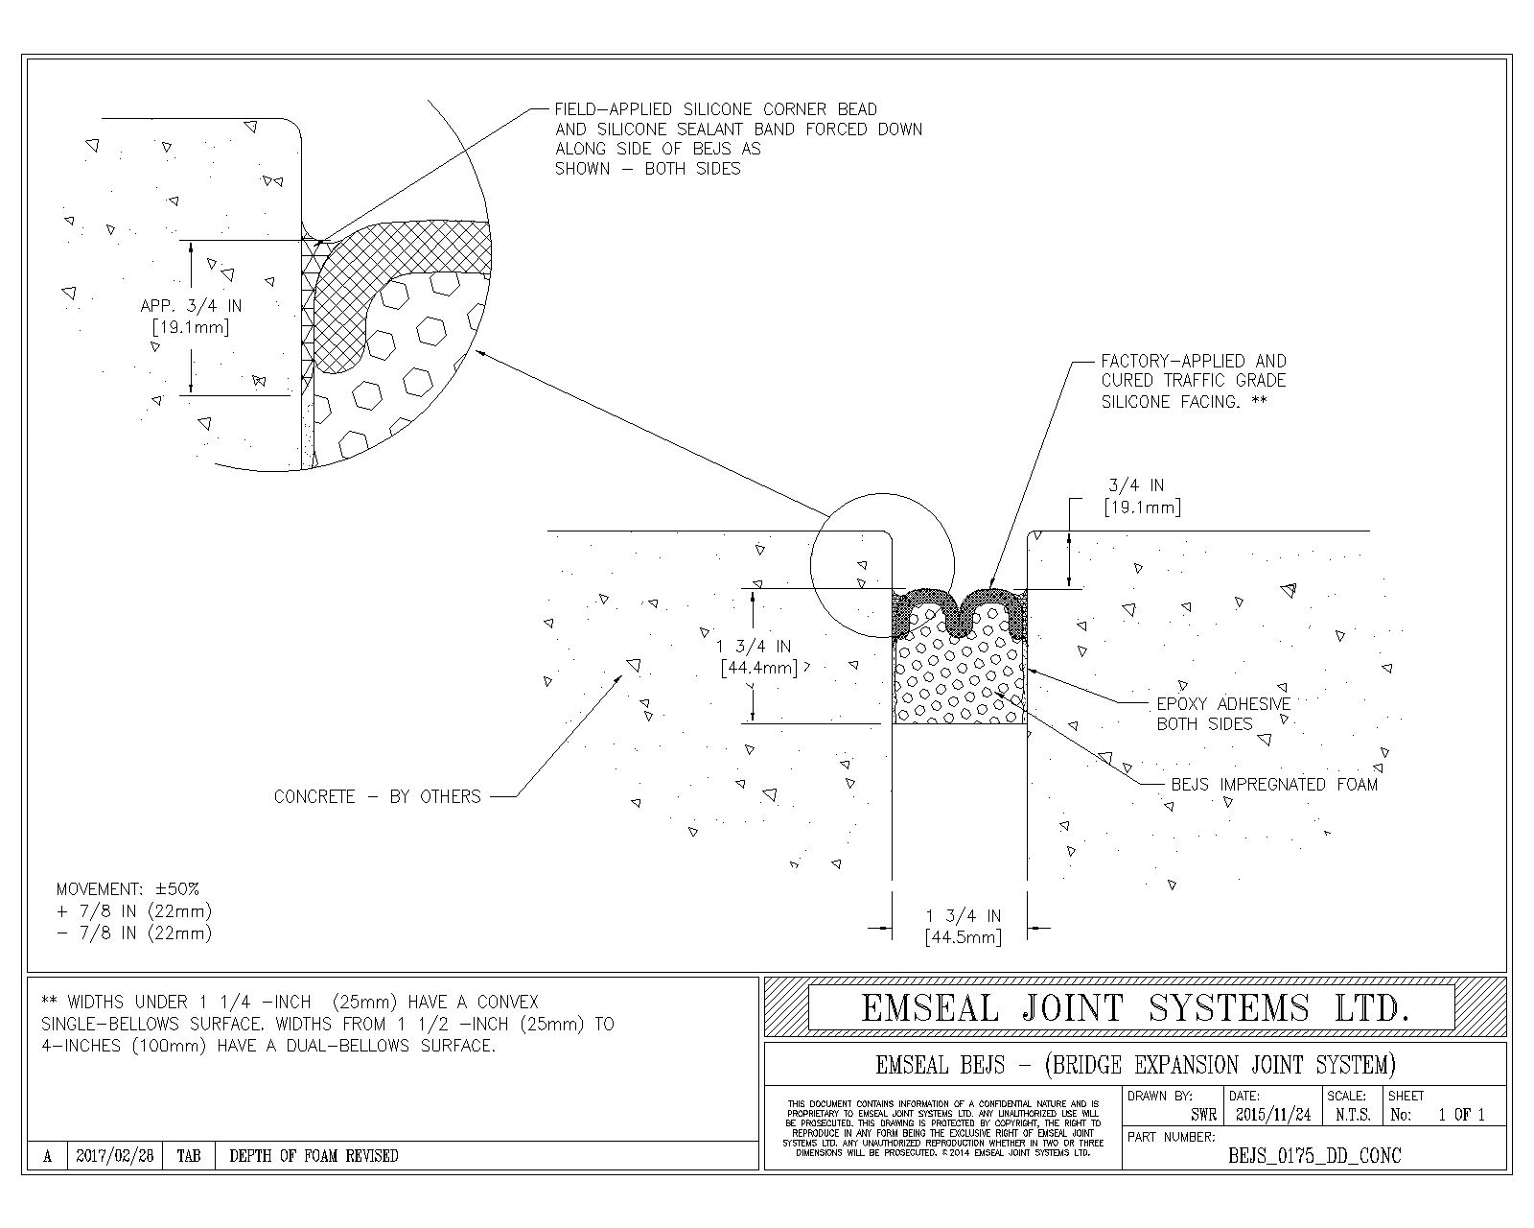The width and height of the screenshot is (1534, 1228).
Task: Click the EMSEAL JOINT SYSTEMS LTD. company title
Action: pos(1135,1008)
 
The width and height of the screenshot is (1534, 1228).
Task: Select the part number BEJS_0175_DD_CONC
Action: pos(1314,1156)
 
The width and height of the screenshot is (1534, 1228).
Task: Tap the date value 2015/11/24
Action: pos(1273,1115)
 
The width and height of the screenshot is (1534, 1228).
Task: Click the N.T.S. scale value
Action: pos(1353,1115)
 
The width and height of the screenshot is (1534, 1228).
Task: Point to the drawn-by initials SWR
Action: pos(1203,1115)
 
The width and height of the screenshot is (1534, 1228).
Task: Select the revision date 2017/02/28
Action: pos(115,1156)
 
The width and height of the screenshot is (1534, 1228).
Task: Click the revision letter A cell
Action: pos(47,1156)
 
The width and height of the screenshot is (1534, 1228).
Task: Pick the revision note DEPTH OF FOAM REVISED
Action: pos(314,1156)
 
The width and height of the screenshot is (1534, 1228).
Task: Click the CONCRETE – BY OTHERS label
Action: pos(377,796)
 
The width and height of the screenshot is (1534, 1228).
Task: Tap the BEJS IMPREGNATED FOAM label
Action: pos(1274,785)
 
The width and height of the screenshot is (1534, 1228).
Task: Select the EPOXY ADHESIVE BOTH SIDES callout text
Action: pos(1223,714)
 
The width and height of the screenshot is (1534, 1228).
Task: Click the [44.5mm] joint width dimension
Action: pos(964,937)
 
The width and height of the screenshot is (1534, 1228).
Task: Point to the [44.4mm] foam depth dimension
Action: pos(758,667)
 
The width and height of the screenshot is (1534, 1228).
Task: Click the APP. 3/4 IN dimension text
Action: pos(191,306)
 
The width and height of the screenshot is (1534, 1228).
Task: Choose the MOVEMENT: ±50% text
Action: pos(128,889)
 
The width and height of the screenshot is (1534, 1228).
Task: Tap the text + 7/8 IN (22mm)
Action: pos(134,910)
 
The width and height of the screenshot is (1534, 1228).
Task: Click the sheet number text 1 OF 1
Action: pos(1461,1115)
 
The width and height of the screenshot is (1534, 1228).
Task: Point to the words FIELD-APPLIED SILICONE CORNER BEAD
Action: pos(716,109)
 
